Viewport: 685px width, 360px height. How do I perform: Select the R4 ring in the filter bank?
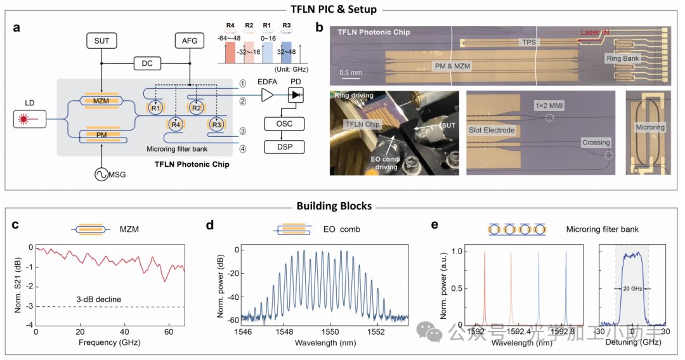click(175, 124)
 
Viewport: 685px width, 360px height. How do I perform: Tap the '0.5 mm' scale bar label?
click(351, 72)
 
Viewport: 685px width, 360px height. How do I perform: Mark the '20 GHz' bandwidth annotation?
click(632, 288)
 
